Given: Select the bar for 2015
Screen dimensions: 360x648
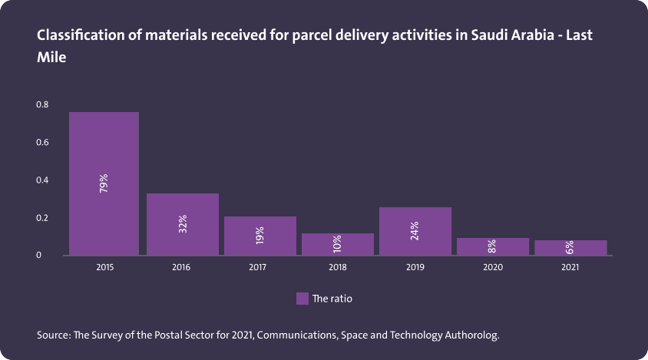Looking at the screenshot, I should pyautogui.click(x=104, y=183).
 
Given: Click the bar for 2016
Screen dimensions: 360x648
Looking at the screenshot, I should pyautogui.click(x=182, y=224).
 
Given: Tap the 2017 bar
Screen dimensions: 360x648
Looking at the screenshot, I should pyautogui.click(x=260, y=236).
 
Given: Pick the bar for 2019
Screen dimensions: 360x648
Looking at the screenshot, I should pyautogui.click(x=415, y=231).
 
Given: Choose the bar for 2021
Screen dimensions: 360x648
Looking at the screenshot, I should pyautogui.click(x=570, y=248).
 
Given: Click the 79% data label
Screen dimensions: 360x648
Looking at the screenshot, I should pyautogui.click(x=104, y=183).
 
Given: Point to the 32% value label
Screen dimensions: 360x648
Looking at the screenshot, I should pyautogui.click(x=182, y=224).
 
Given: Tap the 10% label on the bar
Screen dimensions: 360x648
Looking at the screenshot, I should pyautogui.click(x=337, y=245).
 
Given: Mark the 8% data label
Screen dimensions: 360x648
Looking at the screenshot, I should pyautogui.click(x=492, y=247).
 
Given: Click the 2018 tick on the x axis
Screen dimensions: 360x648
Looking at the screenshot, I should pyautogui.click(x=337, y=268).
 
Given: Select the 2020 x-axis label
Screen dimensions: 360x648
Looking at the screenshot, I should pyautogui.click(x=492, y=268).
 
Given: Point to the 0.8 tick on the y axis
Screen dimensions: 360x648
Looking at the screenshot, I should pyautogui.click(x=42, y=104).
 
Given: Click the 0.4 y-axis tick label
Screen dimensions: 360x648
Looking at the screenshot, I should pyautogui.click(x=42, y=180).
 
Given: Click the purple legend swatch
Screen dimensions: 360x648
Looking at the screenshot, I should pyautogui.click(x=302, y=299).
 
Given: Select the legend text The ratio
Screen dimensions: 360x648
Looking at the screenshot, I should pyautogui.click(x=332, y=299).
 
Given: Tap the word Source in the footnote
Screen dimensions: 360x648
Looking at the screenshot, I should pyautogui.click(x=53, y=335).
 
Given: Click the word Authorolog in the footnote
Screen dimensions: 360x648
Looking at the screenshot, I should pyautogui.click(x=471, y=335).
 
